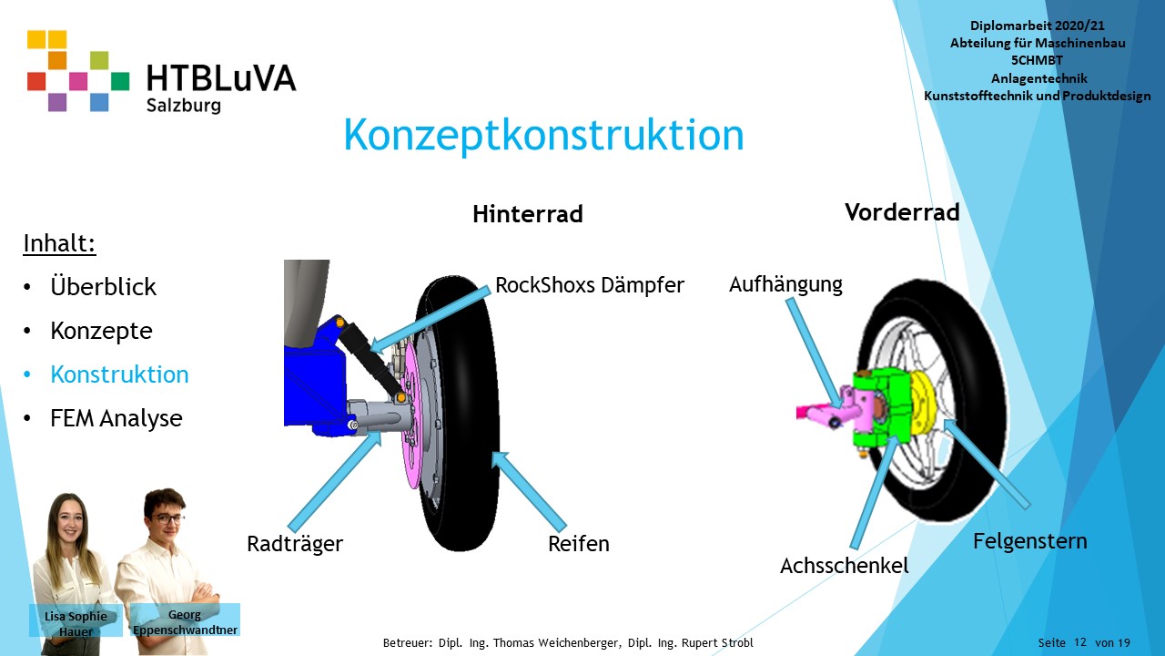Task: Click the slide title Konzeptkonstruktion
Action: pos(543,136)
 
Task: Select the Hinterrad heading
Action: pos(527,214)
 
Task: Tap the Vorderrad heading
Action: pos(902,212)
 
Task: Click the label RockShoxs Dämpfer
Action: pos(589,285)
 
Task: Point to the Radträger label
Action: pos(295,544)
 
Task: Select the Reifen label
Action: pos(579,544)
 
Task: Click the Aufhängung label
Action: pos(785,284)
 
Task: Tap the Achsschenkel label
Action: pos(844,566)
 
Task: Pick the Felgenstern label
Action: pos(1029,541)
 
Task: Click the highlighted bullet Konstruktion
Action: pos(119,374)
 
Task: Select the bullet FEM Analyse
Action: pos(116,418)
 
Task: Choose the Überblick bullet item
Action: pos(103,286)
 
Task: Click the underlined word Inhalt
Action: pos(59,243)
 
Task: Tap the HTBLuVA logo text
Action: pos(221,78)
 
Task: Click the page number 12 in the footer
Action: pos(1080,642)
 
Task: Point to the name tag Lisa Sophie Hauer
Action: pos(76,622)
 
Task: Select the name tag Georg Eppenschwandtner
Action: pos(185,621)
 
